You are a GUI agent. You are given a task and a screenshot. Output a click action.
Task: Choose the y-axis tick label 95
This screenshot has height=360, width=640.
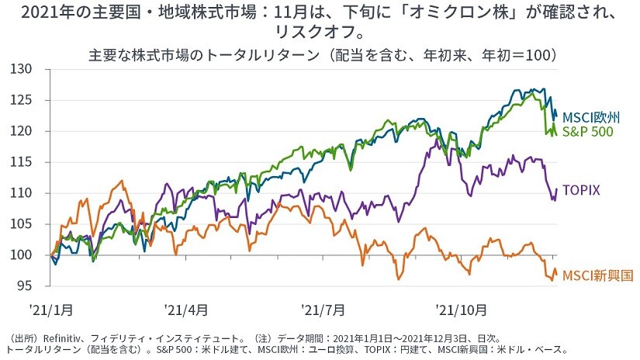(x=24, y=286)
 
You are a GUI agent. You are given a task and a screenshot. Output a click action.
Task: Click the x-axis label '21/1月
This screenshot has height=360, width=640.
(x=52, y=309)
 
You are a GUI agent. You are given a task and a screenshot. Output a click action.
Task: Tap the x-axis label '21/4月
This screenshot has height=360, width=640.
(x=185, y=309)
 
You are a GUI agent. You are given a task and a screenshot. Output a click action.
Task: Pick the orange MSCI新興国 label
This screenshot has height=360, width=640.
(x=597, y=275)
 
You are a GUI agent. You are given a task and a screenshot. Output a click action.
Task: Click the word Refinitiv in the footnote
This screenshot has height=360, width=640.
(x=64, y=339)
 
